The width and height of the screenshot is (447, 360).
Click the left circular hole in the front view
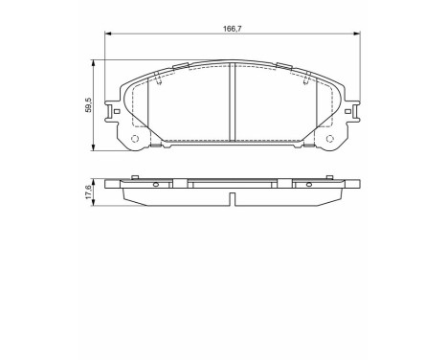point(134,140)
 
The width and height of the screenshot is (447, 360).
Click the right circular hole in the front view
point(331,140)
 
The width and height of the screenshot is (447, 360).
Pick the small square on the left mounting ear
point(117,112)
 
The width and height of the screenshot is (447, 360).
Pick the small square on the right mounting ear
point(350,112)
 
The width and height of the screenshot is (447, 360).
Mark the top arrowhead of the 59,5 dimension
point(93,62)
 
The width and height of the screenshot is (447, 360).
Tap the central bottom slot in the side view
point(233,198)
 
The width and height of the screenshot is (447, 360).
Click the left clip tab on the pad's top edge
point(182,66)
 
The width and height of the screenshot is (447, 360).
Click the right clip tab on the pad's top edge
point(284,66)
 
